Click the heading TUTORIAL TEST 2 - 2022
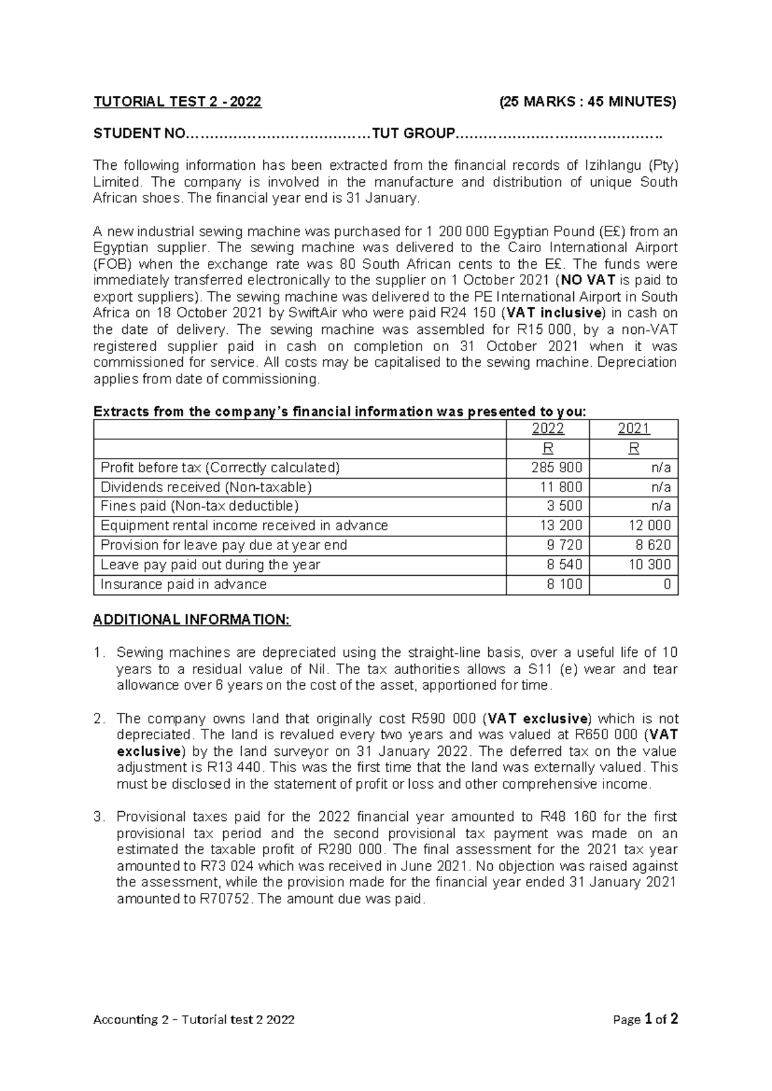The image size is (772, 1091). click(x=178, y=102)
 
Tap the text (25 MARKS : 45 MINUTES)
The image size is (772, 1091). click(x=588, y=102)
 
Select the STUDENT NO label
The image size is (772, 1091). click(x=138, y=134)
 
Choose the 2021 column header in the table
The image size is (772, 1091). click(x=634, y=429)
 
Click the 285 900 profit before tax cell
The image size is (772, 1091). click(x=556, y=468)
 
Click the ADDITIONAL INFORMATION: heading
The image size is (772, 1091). click(x=192, y=619)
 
